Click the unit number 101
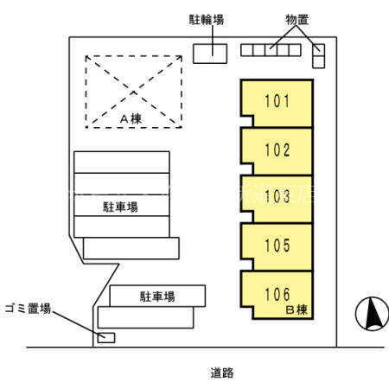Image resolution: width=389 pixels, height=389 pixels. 277,101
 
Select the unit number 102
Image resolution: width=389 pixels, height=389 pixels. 277,150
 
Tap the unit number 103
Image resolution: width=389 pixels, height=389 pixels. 277,196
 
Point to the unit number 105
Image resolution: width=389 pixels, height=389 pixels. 277,246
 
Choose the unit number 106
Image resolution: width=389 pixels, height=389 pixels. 277,294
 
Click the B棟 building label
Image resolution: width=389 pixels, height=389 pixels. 297,309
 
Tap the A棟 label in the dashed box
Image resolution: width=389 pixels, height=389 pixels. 131,118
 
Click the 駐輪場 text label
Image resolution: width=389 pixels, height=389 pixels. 207,20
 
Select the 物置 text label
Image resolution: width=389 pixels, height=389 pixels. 297,20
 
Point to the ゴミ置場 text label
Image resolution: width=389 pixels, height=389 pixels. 28,309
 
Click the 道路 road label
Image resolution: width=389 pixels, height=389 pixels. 222,373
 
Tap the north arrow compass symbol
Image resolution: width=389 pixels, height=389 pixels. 372,313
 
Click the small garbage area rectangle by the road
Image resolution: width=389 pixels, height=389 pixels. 106,338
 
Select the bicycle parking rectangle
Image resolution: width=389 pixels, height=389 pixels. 210,54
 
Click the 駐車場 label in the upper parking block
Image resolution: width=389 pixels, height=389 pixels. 120,207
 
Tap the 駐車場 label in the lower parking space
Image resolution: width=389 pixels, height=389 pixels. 157,297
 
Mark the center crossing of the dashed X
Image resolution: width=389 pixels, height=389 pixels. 133,92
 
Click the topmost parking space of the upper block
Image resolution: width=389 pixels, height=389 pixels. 122,163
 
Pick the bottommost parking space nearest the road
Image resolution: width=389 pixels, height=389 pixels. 145,317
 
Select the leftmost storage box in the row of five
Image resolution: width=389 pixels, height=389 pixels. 247,50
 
